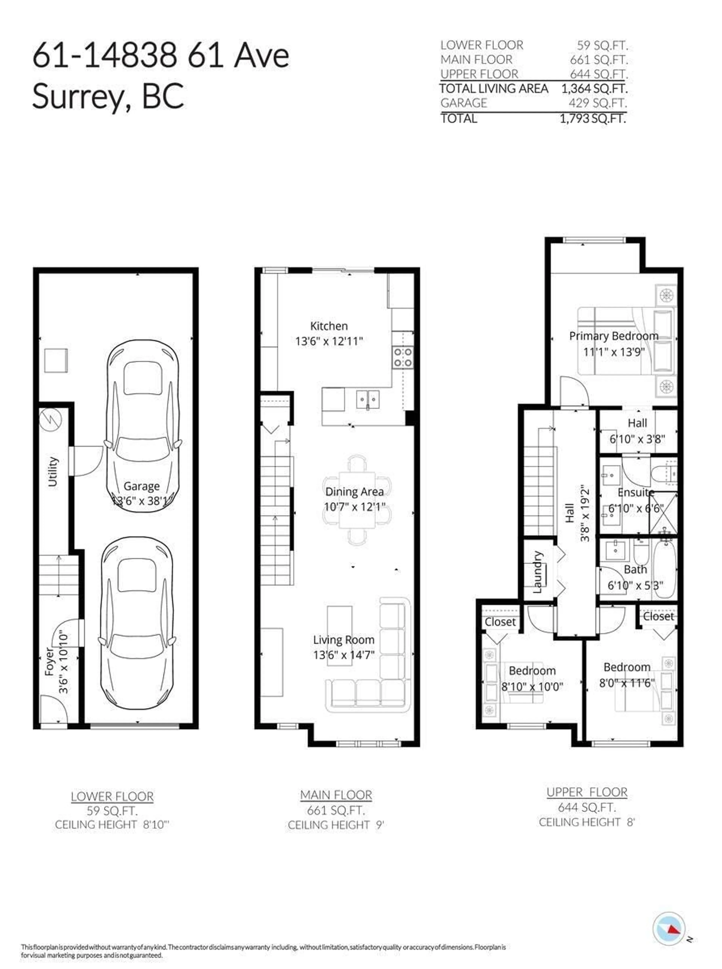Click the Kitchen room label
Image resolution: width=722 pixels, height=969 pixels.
(329, 326)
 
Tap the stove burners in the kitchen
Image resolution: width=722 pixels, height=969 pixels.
(403, 357)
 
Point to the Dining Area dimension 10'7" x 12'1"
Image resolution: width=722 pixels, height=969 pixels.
(354, 507)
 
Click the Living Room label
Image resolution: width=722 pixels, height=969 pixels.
(344, 640)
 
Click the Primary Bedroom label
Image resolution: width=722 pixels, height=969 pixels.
(614, 336)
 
